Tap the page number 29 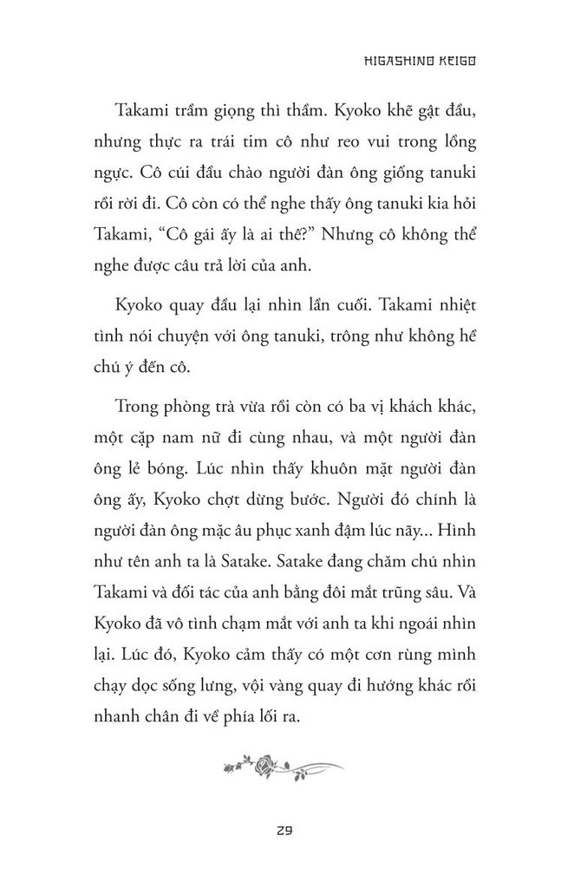(x=281, y=829)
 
